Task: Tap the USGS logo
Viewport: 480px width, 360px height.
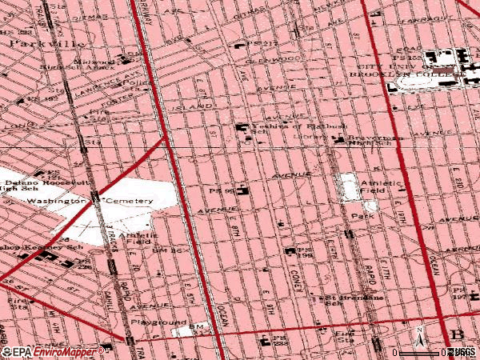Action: tap(462, 352)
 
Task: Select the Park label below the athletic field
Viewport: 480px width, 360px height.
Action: tap(368, 217)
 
